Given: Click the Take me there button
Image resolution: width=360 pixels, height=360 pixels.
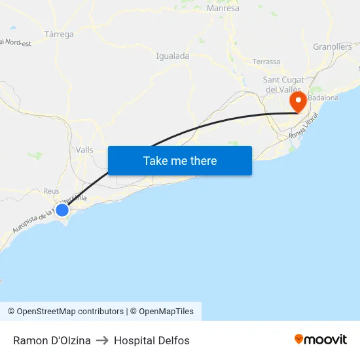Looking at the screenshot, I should click(x=180, y=160).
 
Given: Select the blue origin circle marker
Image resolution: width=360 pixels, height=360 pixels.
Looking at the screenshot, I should click(x=62, y=209).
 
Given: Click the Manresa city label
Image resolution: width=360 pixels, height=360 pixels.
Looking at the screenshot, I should click(x=223, y=9).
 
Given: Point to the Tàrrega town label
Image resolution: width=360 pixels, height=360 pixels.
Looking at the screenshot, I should click(x=59, y=34).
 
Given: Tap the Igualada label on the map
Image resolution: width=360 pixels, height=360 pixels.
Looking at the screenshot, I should click(x=173, y=56).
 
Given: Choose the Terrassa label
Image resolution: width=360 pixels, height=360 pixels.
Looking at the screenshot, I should click(x=266, y=62).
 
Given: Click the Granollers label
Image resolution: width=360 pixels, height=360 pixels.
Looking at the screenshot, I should click(x=333, y=46).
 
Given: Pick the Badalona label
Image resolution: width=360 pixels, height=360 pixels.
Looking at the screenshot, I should click(x=323, y=98).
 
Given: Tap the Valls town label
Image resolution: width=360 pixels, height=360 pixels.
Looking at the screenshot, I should click(x=84, y=150).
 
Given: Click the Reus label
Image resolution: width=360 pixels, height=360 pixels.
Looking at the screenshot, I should click(x=51, y=191).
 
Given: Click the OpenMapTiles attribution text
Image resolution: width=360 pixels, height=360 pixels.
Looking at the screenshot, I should click(x=166, y=312).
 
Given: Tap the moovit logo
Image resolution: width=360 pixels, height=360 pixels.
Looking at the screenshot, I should click(x=321, y=340).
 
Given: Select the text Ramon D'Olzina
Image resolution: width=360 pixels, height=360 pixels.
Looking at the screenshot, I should click(x=52, y=340).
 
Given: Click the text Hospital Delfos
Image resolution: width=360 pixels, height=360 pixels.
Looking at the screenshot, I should click(x=152, y=340).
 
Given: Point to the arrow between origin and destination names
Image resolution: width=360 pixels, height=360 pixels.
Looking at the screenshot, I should click(x=102, y=340).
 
